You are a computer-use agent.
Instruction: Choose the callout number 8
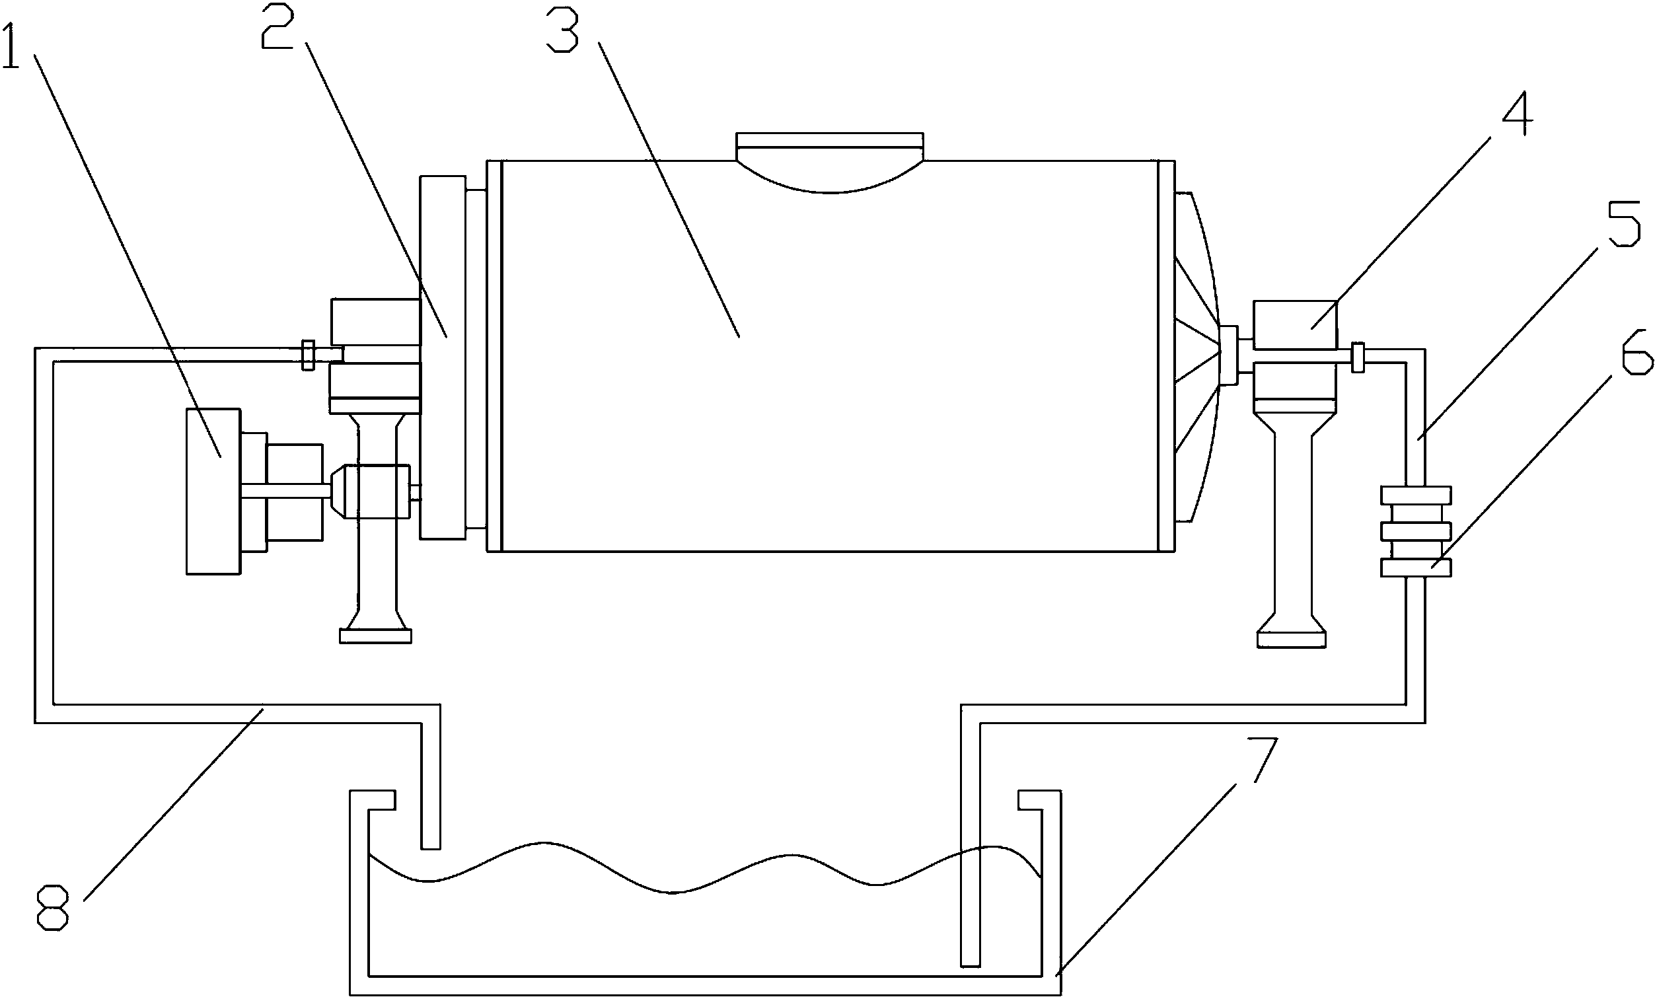[52, 908]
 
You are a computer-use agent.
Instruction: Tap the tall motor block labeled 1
[213, 491]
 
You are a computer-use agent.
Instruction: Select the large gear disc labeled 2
[443, 357]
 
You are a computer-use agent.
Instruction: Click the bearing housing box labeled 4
[1295, 325]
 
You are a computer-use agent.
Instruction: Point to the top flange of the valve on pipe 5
[1416, 495]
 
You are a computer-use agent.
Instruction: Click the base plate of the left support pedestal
[375, 636]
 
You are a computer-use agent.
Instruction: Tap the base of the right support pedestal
[1292, 639]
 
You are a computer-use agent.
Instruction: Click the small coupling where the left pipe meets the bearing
[309, 355]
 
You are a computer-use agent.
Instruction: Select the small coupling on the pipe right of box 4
[1358, 357]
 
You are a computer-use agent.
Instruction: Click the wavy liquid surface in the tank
[705, 868]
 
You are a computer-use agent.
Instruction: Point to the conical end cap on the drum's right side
[1199, 357]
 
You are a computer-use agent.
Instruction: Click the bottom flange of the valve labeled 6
[1416, 568]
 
